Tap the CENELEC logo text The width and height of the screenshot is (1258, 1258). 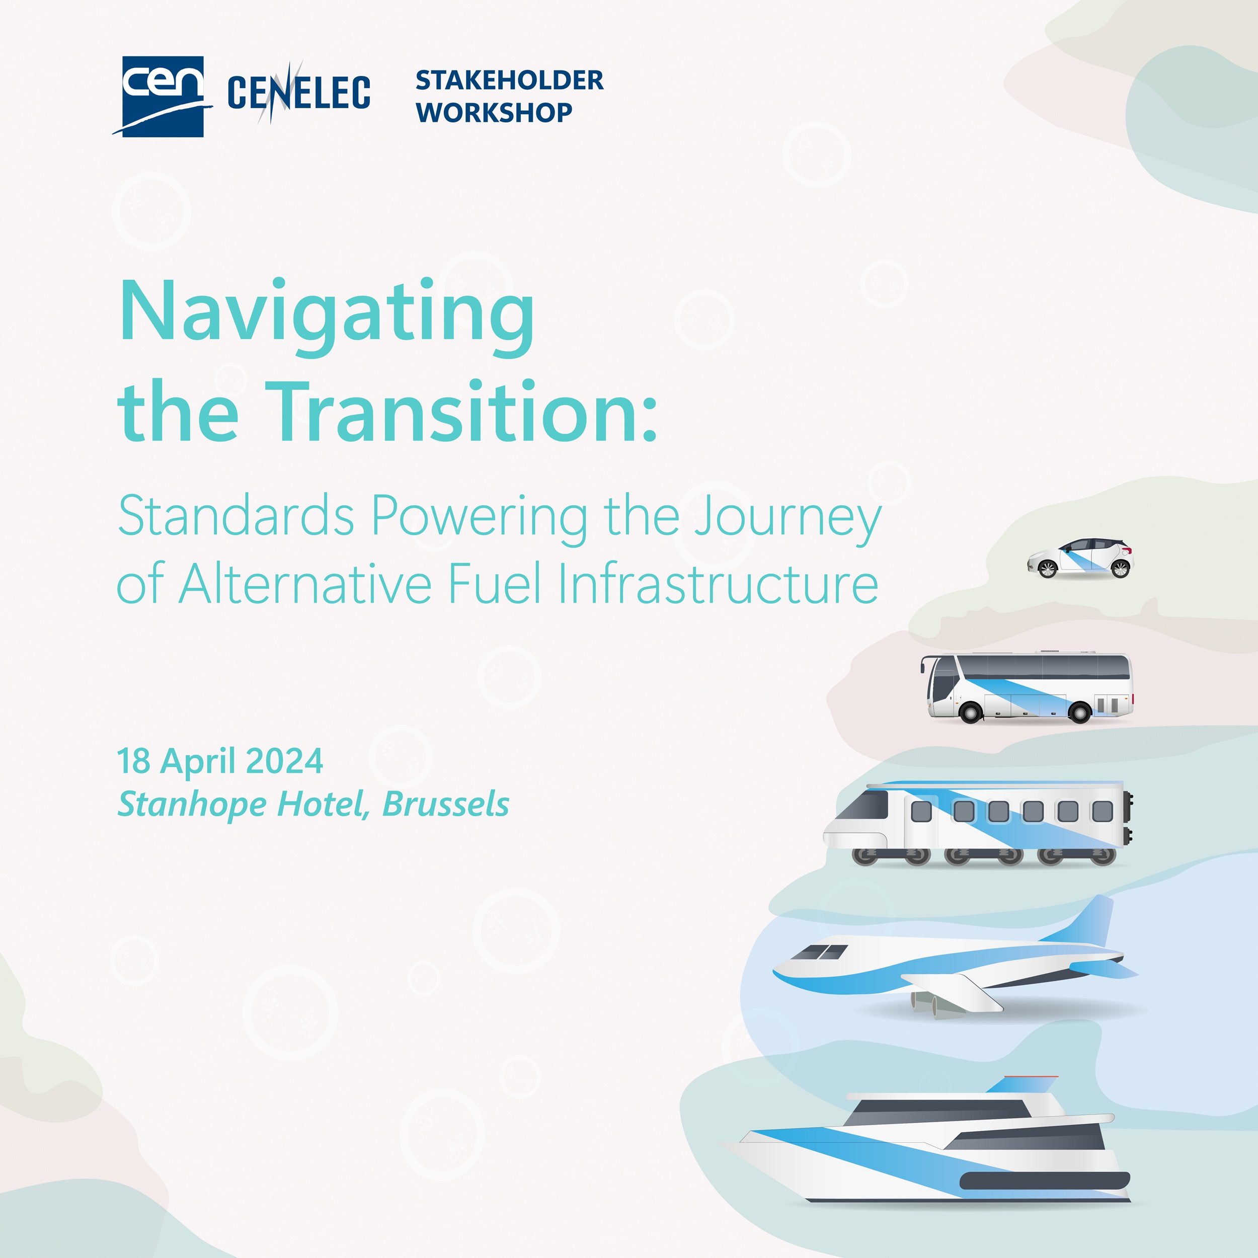coord(299,93)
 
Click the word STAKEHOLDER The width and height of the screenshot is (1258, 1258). coord(509,81)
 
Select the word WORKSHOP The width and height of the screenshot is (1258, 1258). coord(494,113)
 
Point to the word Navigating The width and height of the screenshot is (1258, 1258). coord(327,312)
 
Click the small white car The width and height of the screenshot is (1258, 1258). coord(1080,559)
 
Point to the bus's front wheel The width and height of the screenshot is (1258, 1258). coord(971,713)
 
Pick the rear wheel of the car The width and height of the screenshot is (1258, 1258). coord(1121,570)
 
